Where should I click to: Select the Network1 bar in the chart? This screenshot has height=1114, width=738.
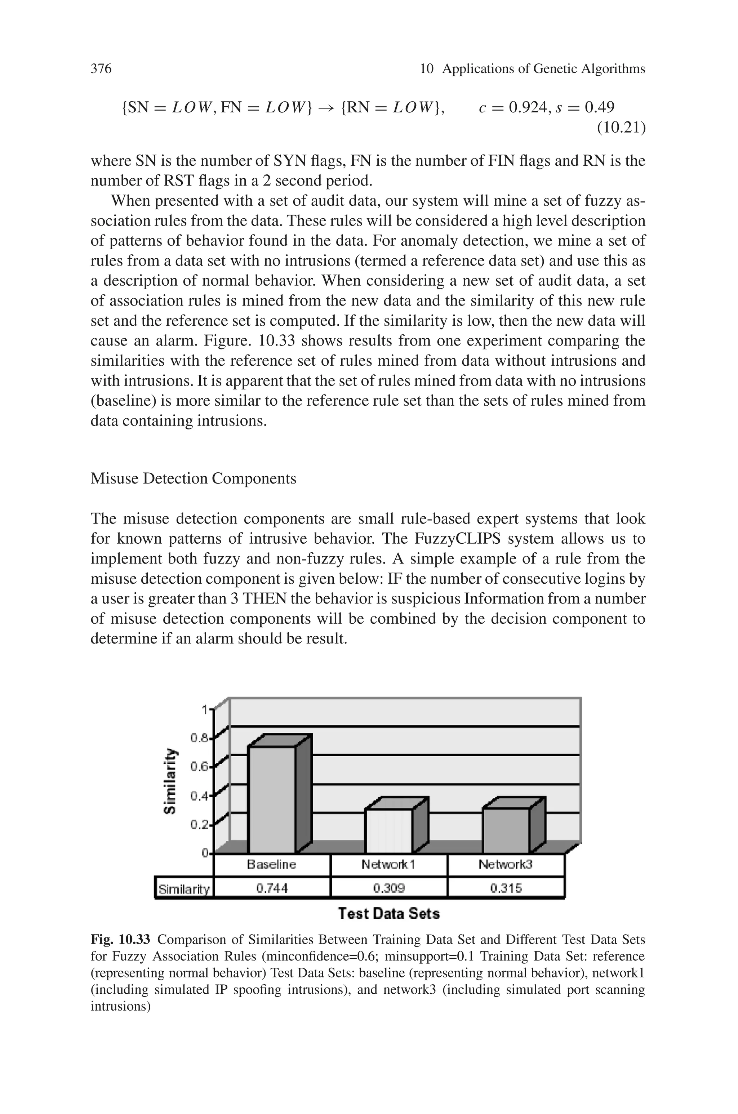coord(389,830)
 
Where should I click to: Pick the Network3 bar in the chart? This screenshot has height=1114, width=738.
coord(506,830)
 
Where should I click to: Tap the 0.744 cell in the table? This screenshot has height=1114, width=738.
coord(272,888)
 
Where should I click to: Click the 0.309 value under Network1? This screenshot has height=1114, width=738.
coord(389,888)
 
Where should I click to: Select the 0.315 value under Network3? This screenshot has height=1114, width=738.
coord(506,888)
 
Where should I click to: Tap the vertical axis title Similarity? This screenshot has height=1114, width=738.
coord(170,781)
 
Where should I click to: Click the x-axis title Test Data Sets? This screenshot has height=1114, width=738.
coord(389,914)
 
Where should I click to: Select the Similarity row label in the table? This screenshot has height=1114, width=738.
coord(184,889)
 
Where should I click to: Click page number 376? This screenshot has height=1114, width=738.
coord(101,69)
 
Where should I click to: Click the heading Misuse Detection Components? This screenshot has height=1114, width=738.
coord(193,478)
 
